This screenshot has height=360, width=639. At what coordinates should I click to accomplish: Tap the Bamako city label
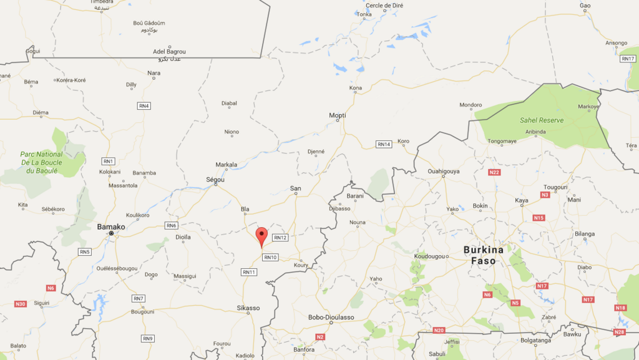coord(111,226)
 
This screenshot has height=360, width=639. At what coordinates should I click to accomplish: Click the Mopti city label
coord(337,115)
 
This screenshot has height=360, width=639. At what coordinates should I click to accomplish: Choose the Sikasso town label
coord(248,308)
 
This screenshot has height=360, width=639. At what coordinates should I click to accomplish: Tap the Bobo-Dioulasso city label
coord(331,317)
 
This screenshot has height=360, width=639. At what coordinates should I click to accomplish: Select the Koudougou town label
coord(429,256)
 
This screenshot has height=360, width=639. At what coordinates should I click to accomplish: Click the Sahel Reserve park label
coord(542,120)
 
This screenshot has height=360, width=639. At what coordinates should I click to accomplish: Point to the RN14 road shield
coord(383,144)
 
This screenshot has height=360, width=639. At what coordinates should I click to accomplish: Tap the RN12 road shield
coord(280,238)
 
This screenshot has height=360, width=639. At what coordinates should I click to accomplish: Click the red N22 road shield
coord(494,172)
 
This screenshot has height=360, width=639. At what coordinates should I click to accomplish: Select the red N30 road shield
coord(21,304)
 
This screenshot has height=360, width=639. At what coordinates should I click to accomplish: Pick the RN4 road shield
coord(144,106)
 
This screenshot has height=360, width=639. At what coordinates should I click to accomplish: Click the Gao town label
coord(585,6)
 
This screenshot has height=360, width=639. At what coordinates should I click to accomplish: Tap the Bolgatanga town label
coord(537,340)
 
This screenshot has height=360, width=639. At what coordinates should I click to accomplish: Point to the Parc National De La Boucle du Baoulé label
coord(41,162)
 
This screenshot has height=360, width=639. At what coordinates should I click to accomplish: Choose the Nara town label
coord(154,73)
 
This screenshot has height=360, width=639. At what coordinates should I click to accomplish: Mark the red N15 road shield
coord(539,218)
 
